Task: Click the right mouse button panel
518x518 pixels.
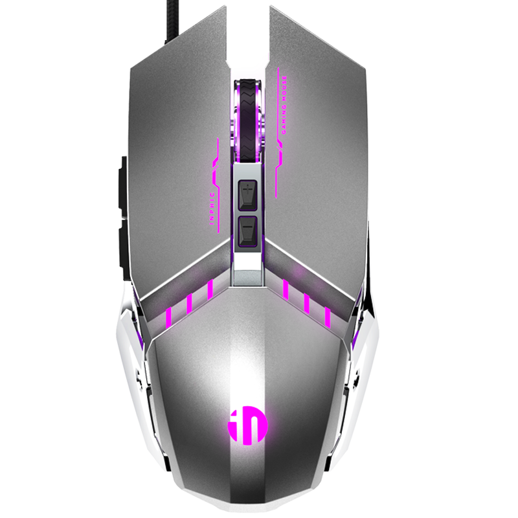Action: (324, 162)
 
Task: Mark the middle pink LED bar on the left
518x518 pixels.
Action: (189, 303)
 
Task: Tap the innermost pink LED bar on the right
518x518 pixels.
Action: (286, 289)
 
